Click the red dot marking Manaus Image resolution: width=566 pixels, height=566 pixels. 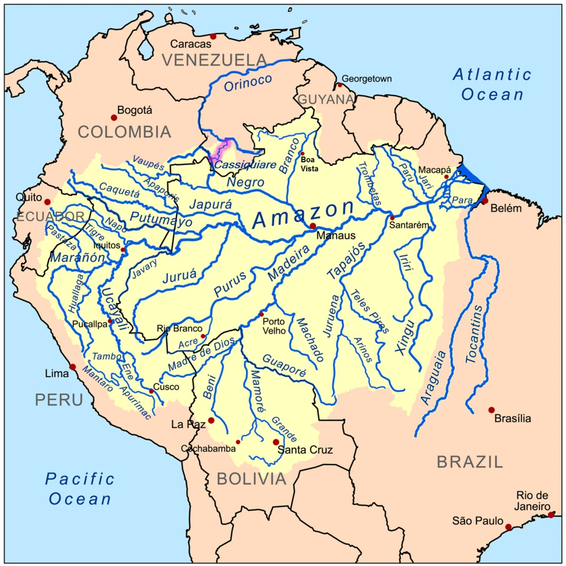click(313, 226)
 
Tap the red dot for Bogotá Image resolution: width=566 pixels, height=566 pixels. click(114, 117)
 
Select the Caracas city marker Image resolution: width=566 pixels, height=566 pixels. click(213, 37)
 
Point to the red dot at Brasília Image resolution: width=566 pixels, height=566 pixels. click(491, 410)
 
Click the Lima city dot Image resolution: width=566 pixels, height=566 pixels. click(73, 367)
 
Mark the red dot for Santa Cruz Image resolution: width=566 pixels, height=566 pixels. click(275, 442)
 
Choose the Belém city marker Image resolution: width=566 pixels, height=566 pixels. click(485, 200)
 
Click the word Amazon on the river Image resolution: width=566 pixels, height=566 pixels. click(304, 214)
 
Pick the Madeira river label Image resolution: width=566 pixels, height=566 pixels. click(289, 263)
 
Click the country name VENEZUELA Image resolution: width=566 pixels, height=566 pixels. click(215, 60)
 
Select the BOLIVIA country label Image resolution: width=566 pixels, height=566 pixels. click(251, 479)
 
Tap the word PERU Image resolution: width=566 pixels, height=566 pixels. click(58, 400)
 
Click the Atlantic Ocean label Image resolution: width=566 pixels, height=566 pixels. click(492, 84)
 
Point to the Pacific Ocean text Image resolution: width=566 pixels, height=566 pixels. click(80, 488)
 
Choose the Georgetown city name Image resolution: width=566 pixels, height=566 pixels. click(367, 78)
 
